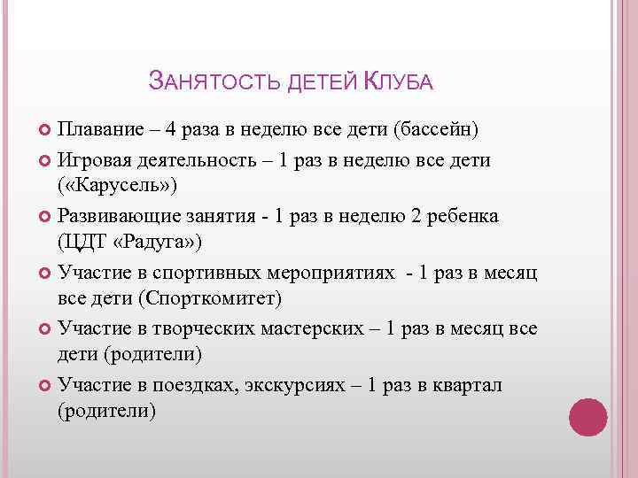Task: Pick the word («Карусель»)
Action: (x=118, y=187)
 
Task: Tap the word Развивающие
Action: (x=114, y=215)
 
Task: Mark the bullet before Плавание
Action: (x=45, y=131)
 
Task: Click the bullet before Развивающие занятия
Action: (x=45, y=216)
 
